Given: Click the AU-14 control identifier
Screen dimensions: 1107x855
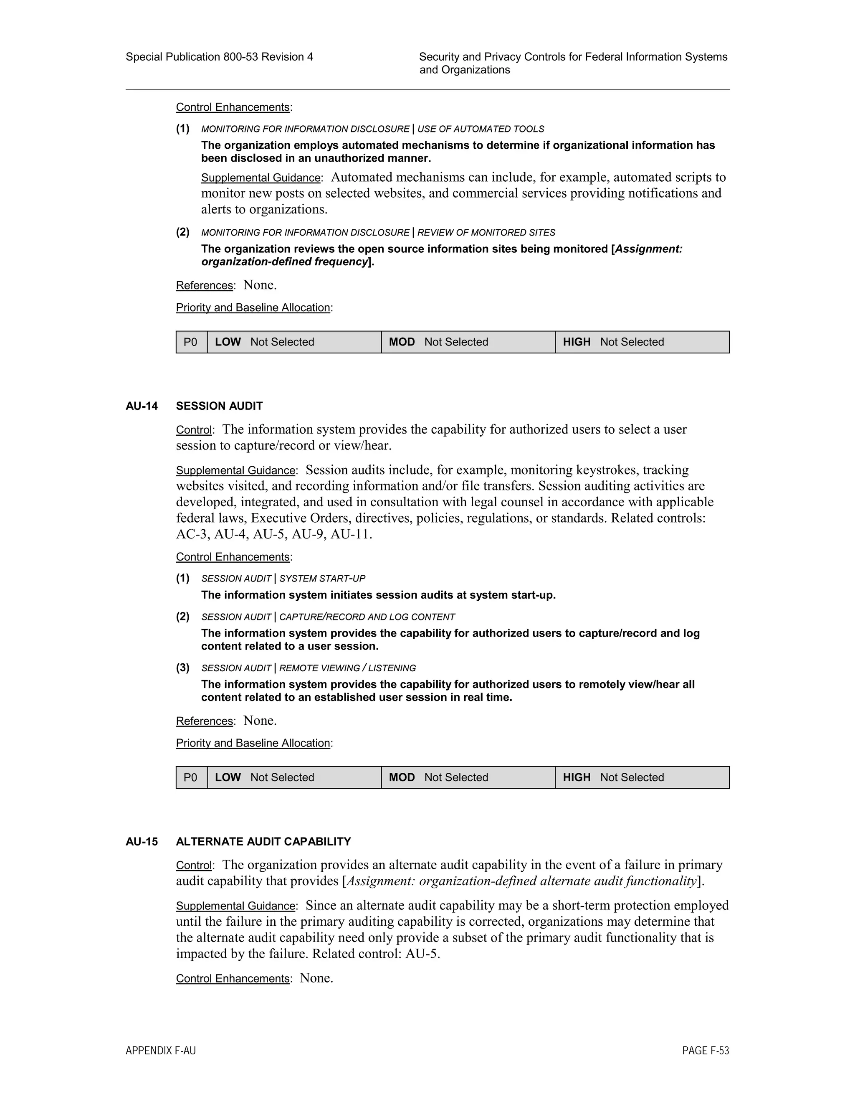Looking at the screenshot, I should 142,406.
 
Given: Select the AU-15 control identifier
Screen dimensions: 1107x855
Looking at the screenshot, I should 142,841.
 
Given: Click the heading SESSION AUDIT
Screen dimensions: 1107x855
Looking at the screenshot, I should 219,406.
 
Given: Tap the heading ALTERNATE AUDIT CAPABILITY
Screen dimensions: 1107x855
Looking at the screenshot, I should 263,841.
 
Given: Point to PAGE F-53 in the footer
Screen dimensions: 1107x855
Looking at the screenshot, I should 705,1051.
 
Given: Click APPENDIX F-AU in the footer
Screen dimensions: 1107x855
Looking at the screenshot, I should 161,1051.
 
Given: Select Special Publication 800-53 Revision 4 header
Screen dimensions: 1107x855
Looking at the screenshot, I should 219,57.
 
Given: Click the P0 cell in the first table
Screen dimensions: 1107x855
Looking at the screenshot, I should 191,342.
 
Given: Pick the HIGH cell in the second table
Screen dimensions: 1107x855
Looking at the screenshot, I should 641,777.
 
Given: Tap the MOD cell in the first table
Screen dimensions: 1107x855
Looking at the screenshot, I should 468,342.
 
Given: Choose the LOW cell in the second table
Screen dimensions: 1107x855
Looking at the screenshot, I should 294,777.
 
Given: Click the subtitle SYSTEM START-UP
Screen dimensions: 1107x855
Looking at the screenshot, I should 322,579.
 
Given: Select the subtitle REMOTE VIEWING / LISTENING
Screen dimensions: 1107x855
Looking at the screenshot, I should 347,668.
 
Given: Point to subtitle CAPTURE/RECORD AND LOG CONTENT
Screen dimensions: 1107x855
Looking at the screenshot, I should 367,617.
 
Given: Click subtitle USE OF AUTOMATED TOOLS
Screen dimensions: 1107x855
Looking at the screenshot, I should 481,129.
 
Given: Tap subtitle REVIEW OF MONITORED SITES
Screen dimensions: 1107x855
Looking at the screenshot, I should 486,233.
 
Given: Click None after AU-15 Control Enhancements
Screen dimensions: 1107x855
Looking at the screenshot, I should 316,978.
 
